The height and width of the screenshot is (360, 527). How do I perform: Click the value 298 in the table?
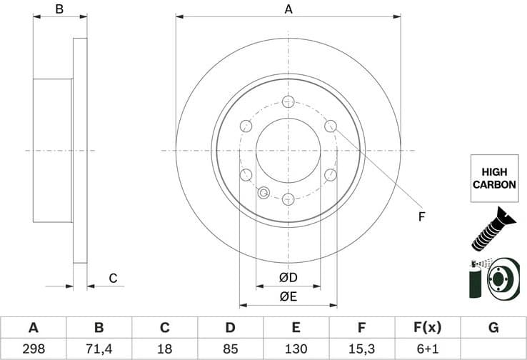tap(33, 349)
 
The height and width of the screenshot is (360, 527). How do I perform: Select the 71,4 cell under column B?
tap(99, 349)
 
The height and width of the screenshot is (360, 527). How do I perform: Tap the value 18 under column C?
tap(164, 349)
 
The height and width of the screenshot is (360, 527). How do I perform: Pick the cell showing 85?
tap(230, 349)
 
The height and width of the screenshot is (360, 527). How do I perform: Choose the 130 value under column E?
tap(296, 349)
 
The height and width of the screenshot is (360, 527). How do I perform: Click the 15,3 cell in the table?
tap(361, 349)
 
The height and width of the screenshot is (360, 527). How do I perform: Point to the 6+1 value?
tap(427, 349)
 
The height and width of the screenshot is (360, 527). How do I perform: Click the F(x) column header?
tap(427, 328)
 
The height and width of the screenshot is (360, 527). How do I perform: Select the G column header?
tap(493, 328)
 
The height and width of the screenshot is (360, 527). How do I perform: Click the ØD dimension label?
tap(288, 277)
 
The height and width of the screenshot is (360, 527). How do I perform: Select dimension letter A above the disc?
tap(288, 9)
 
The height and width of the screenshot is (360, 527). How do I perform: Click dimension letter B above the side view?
tap(60, 9)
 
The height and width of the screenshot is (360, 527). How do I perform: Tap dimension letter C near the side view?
tap(112, 279)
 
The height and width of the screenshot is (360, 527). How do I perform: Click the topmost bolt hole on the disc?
tap(288, 101)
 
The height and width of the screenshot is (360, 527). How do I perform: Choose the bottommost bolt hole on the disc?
tap(288, 199)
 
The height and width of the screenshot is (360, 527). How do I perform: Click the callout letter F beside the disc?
tap(421, 216)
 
